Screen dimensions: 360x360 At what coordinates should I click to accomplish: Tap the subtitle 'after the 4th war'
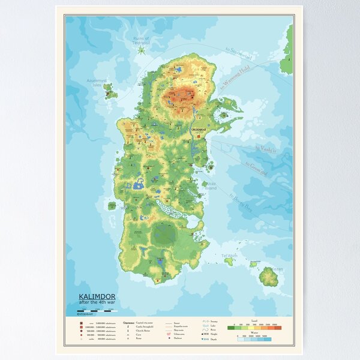pos(98,302)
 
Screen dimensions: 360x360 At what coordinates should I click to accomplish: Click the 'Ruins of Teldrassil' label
pos(141,40)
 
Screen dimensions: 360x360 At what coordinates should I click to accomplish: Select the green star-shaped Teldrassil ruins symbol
pos(140,50)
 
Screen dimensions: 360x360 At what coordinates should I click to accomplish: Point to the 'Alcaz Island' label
pos(211,187)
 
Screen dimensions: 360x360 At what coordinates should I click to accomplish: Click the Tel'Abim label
pos(230,256)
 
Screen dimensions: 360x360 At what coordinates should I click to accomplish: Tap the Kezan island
pos(268,277)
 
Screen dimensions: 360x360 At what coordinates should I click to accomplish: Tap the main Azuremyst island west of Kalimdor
pos(109,91)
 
